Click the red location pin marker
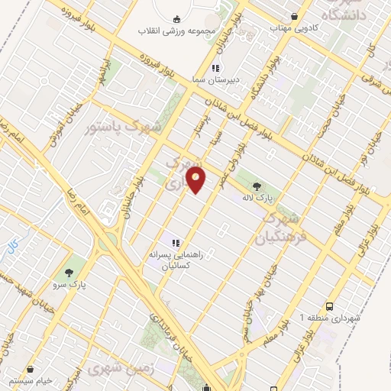[196, 180]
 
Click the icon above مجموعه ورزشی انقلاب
[176, 18]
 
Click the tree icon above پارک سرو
[70, 272]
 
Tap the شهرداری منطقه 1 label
[333, 316]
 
